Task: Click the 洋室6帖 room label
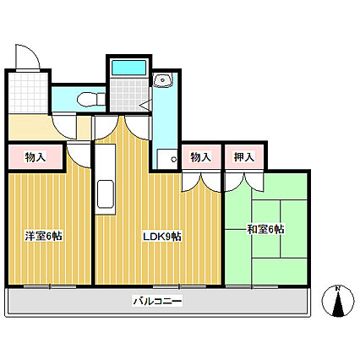pos(44,236)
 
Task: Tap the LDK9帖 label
pos(162,237)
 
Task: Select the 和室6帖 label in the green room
pos(265,229)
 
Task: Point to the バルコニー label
pos(157,302)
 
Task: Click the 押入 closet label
pos(244,157)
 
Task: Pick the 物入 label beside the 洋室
pos(35,157)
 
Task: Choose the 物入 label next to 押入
pos(200,157)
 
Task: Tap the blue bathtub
pos(129,68)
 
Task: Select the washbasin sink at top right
pos(163,79)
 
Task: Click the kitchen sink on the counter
pos(106,194)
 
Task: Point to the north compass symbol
pos(338,301)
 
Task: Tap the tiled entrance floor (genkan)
pos(28,93)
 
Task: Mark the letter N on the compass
pos(338,288)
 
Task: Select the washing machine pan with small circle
pos(167,159)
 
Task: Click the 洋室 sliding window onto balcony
pos(50,286)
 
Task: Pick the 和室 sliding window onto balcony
pos(252,286)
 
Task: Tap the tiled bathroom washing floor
pos(129,95)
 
